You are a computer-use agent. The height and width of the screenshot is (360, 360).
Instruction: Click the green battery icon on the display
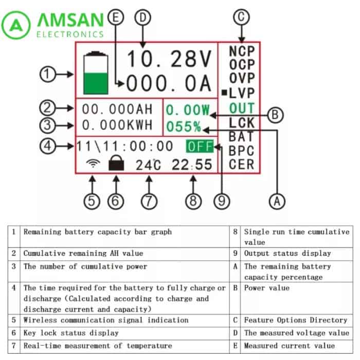point(96,73)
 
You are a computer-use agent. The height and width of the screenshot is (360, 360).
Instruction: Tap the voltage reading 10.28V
point(169,59)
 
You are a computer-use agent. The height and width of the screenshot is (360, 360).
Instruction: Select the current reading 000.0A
point(169,83)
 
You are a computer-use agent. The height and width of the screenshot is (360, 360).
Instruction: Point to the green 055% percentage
point(184,127)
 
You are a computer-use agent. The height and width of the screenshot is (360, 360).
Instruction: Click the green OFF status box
point(200,146)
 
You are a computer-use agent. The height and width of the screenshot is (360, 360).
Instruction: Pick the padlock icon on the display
point(116,163)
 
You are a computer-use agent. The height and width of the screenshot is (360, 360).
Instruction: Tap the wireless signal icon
point(93,163)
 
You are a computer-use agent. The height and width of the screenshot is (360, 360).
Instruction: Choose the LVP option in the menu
point(242,93)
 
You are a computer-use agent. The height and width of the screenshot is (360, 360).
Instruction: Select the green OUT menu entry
point(242,108)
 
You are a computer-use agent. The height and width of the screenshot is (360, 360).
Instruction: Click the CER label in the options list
point(242,165)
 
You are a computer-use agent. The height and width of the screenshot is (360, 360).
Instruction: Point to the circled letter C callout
point(241,17)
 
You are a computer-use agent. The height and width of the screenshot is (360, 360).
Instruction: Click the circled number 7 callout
point(149,202)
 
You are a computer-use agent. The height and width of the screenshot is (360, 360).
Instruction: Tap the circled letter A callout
point(277,202)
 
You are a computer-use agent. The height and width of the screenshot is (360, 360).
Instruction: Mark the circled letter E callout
point(116,17)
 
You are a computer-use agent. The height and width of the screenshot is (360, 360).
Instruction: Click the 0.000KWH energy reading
point(117,125)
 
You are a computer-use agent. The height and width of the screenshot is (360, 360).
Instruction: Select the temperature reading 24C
point(148,165)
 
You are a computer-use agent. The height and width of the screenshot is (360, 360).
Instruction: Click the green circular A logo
point(16,25)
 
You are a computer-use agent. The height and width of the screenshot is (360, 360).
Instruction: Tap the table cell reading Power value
point(267,288)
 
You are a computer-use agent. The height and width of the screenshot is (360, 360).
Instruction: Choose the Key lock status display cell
point(71,333)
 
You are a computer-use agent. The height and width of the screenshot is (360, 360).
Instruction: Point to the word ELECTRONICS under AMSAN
point(70,34)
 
